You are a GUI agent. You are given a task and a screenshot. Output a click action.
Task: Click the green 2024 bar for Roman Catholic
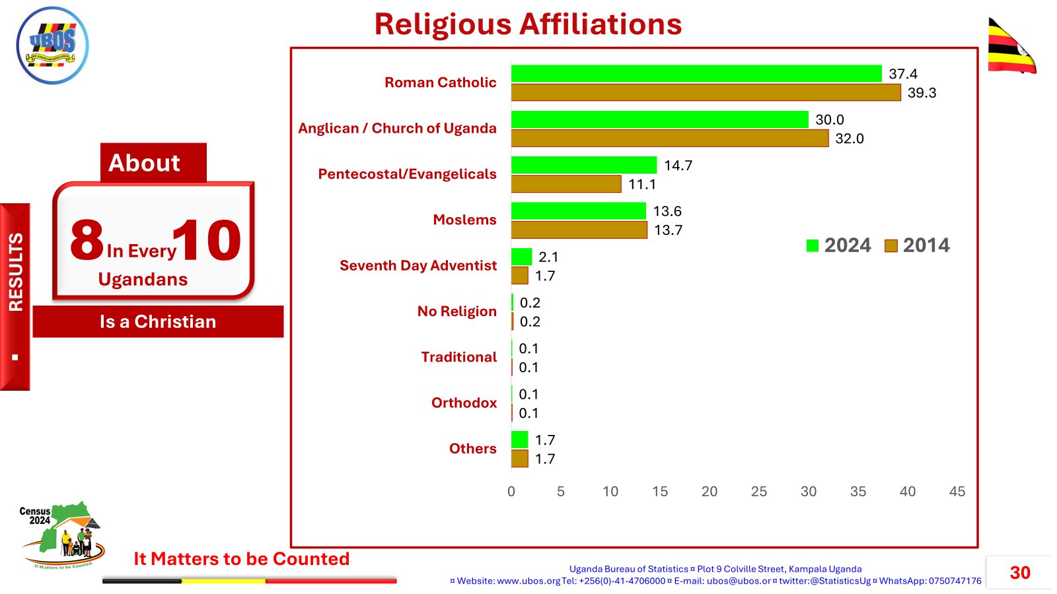tap(696, 73)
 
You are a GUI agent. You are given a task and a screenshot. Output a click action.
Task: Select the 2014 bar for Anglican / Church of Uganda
tap(669, 138)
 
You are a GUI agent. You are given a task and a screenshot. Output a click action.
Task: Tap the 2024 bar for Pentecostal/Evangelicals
tap(584, 165)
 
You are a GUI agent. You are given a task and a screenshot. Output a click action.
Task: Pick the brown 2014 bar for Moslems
tap(579, 230)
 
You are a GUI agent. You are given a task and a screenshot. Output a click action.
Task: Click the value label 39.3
tap(922, 93)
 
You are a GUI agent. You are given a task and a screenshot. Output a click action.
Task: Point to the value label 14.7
tap(678, 166)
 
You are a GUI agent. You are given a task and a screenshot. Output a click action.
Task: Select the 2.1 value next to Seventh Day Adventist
tap(548, 257)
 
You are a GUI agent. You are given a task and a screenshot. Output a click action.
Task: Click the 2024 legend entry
tap(839, 246)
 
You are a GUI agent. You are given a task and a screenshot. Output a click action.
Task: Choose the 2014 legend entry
tap(918, 246)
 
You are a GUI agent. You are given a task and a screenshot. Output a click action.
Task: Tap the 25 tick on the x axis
tap(758, 492)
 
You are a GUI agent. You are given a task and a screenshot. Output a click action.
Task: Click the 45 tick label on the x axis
tap(957, 492)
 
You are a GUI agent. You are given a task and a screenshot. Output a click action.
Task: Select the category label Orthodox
tap(464, 403)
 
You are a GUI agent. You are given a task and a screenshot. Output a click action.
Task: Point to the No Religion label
tap(456, 312)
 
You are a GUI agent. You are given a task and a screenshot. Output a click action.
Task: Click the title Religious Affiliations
tap(528, 24)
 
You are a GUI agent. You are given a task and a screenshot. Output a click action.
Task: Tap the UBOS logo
tap(52, 45)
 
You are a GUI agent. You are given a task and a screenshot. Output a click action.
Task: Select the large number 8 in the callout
tap(87, 240)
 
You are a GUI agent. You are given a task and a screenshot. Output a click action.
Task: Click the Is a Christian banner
tap(158, 321)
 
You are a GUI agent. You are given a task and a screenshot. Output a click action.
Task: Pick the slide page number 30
tap(1019, 572)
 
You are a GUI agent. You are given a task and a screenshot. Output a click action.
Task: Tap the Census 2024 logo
tap(61, 535)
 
